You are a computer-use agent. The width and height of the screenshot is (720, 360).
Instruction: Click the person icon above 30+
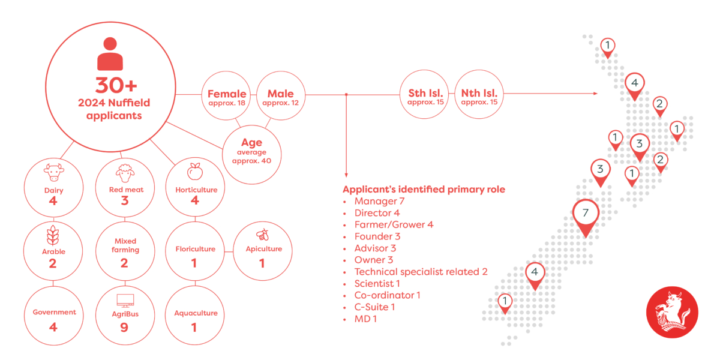pos(110,53)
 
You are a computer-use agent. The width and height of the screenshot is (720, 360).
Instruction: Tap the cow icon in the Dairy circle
pos(53,173)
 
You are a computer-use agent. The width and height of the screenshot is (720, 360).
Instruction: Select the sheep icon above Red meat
pos(125,173)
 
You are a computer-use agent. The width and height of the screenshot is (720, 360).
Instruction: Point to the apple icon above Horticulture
pos(195,172)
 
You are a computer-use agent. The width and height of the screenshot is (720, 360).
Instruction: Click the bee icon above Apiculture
pos(263,235)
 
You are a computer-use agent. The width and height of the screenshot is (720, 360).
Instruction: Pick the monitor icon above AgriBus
pos(125,301)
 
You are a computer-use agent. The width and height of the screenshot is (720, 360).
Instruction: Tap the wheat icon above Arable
pos(53,236)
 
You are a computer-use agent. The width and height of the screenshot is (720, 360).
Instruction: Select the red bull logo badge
pos(672,312)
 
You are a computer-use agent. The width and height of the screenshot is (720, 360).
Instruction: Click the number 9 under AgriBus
pos(124,328)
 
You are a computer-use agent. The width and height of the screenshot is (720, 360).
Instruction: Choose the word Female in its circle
pos(227,94)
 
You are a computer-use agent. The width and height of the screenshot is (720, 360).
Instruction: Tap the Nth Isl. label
pos(479,93)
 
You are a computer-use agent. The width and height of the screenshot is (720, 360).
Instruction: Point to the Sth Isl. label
pos(425,93)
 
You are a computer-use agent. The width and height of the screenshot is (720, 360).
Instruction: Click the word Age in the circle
pos(251,142)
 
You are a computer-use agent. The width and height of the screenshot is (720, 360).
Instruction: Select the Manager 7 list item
pos(379,201)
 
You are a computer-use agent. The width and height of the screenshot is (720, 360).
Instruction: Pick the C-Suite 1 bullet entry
pos(374,307)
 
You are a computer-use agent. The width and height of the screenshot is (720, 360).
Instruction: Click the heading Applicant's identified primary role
pos(424,190)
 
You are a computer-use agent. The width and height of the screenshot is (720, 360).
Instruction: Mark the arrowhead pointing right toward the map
pos(595,94)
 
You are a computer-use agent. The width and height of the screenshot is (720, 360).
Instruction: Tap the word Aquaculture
pos(196,313)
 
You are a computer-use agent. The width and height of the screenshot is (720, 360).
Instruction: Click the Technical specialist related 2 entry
pos(421,272)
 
